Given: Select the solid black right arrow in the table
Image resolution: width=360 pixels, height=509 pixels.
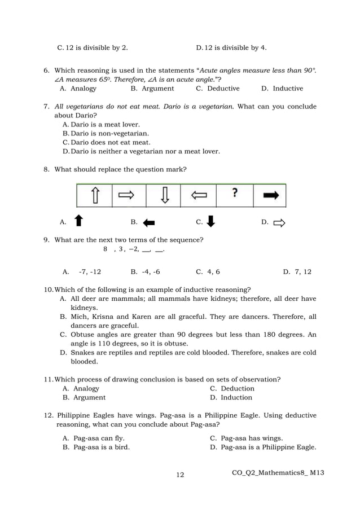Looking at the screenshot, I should click(x=270, y=195).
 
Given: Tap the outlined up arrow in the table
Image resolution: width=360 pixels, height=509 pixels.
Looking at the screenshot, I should click(x=95, y=196).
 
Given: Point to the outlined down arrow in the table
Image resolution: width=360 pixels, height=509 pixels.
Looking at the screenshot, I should click(x=164, y=196).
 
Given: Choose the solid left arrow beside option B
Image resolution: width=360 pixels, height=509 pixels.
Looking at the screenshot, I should click(x=149, y=223).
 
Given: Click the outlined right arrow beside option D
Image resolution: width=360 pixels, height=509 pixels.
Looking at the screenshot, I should click(x=279, y=223).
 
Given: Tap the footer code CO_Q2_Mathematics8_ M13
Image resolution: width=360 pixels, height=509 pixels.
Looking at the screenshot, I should click(x=278, y=472).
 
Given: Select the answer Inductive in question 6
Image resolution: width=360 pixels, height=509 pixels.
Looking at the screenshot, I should click(x=288, y=89).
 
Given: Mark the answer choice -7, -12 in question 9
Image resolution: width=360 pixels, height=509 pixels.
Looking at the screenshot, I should click(x=90, y=271).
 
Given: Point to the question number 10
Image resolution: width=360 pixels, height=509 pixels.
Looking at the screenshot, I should click(x=48, y=289).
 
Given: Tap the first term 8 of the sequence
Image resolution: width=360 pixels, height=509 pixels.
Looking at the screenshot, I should click(x=105, y=249).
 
